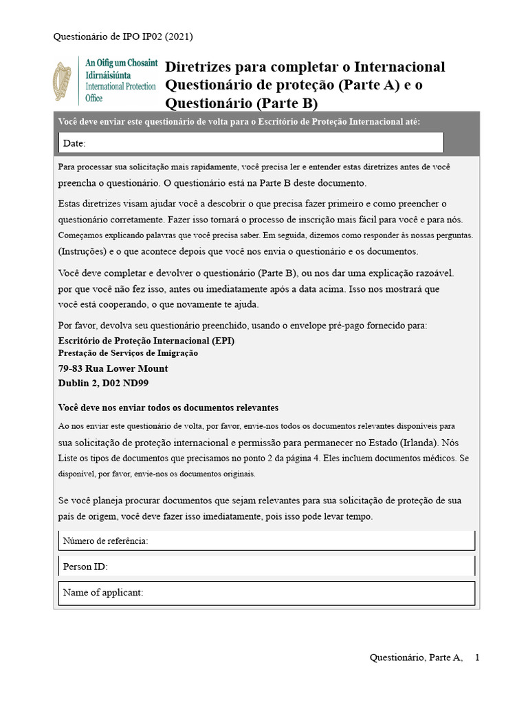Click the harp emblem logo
pos(65,82)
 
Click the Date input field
pos(251,143)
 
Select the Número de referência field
pos(267,540)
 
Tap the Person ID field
pos(267,567)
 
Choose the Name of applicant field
pos(267,593)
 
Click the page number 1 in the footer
pos(477,657)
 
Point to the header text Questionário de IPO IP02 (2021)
pos(127,36)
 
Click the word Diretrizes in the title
pos(198,67)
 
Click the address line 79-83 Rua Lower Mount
pos(113,368)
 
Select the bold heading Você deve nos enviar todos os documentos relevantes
pos(168,407)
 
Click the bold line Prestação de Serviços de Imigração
pos(128,353)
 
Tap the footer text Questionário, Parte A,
pos(417,657)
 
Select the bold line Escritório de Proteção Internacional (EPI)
pos(151,340)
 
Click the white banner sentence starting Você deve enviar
pos(239,122)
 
